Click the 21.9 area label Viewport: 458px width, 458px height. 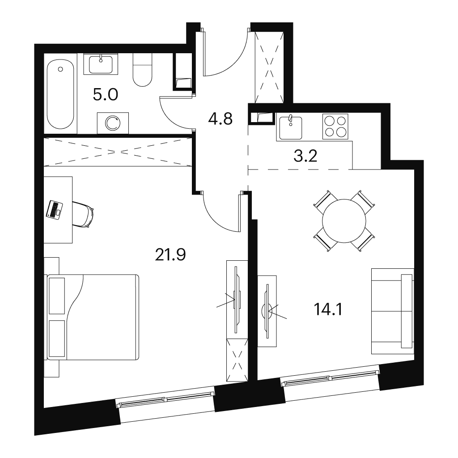(x=170, y=255)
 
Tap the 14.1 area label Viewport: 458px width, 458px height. (x=328, y=310)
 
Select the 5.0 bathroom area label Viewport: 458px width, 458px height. (x=106, y=94)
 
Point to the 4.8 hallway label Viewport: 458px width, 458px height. (x=220, y=119)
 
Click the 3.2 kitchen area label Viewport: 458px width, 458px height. (x=305, y=156)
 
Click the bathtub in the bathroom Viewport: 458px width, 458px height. (x=60, y=94)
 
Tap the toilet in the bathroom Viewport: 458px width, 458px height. (x=143, y=70)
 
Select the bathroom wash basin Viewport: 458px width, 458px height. (x=101, y=64)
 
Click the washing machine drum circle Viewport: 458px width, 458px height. (x=113, y=123)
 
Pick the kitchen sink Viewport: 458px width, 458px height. (x=291, y=127)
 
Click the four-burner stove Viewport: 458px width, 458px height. (x=335, y=127)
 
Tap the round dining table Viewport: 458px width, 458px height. (x=344, y=221)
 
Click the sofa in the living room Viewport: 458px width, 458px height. (x=393, y=311)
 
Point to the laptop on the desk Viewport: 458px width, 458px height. (x=55, y=209)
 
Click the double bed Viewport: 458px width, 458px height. (x=93, y=317)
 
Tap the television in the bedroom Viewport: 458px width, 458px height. (x=237, y=299)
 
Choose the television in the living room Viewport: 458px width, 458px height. (x=267, y=311)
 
